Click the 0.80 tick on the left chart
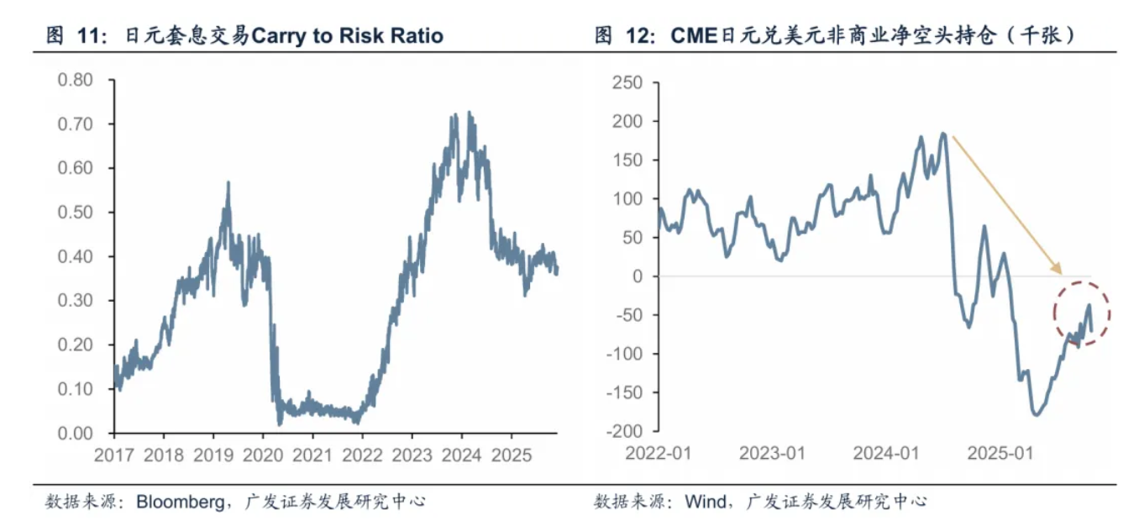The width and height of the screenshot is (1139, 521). click(75, 80)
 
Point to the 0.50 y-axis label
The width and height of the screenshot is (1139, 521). click(75, 212)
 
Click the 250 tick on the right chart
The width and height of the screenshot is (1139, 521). click(628, 82)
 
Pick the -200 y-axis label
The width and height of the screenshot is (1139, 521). click(625, 431)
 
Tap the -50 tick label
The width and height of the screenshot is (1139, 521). click(628, 315)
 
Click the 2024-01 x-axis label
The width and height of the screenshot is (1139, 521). click(886, 455)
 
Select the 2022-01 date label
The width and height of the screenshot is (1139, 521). click(659, 455)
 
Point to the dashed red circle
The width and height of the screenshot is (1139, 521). click(1082, 314)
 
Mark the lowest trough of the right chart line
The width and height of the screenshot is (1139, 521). click(1036, 414)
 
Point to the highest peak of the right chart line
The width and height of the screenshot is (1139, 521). click(943, 133)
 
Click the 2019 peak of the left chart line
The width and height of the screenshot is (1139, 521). click(227, 182)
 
